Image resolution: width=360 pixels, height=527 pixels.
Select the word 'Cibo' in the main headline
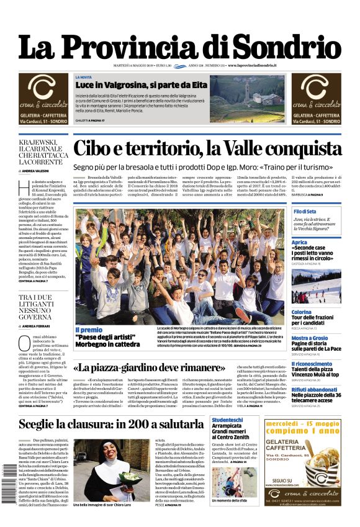(x=99, y=150)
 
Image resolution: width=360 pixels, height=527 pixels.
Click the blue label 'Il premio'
(x=89, y=330)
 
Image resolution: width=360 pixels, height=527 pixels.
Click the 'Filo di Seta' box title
(x=305, y=212)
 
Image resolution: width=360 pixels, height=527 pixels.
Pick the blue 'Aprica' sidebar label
(x=299, y=242)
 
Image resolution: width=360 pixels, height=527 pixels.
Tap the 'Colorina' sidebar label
(x=302, y=312)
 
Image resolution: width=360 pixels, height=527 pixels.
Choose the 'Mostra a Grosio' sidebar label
(x=309, y=338)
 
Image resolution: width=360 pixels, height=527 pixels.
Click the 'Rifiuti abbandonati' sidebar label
(x=315, y=389)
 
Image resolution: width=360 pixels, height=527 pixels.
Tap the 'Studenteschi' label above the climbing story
(x=227, y=420)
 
